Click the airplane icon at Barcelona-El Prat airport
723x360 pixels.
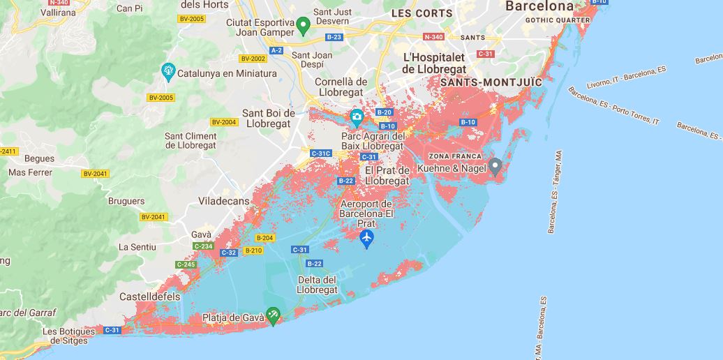(x=366, y=239)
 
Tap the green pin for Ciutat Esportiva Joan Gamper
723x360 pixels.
(x=303, y=27)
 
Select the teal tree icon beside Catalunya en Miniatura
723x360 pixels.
(x=167, y=71)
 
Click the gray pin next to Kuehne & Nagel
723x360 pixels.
(x=495, y=167)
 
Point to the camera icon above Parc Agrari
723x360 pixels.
(x=356, y=116)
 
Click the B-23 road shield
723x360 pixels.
(x=334, y=37)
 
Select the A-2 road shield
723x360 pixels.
(x=276, y=50)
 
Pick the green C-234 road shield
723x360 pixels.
(x=203, y=246)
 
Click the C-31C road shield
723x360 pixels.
(x=321, y=153)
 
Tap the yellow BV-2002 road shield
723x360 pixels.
(x=253, y=59)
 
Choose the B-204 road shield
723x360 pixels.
(x=264, y=238)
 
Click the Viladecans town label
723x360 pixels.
(x=223, y=201)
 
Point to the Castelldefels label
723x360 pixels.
(x=149, y=297)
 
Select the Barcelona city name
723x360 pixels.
(x=539, y=6)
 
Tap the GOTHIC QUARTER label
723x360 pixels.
(x=558, y=20)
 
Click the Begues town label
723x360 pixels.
(x=39, y=159)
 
